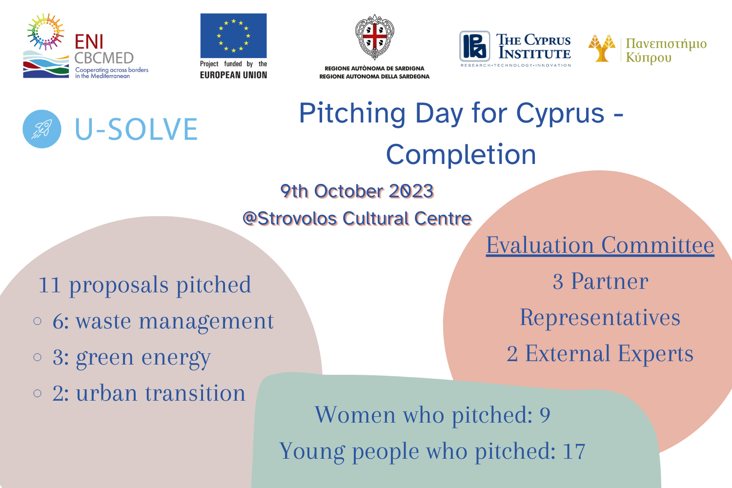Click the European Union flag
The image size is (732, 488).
(x=233, y=36)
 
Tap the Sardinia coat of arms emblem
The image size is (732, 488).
(x=374, y=37)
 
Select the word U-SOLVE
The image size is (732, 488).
(x=136, y=129)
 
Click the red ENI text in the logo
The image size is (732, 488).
(x=89, y=42)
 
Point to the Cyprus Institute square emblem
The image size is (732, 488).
(x=474, y=46)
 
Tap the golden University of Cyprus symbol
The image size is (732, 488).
(x=602, y=48)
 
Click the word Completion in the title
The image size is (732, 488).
(x=461, y=154)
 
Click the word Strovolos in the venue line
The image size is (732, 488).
(x=297, y=218)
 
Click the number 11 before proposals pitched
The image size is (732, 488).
(x=49, y=285)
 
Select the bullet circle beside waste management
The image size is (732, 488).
(x=38, y=321)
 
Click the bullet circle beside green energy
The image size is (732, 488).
(x=38, y=357)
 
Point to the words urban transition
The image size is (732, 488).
(x=161, y=393)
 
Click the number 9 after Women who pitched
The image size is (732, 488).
(x=545, y=415)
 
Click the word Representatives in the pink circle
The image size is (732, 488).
(x=600, y=318)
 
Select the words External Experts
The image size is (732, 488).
(x=609, y=354)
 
